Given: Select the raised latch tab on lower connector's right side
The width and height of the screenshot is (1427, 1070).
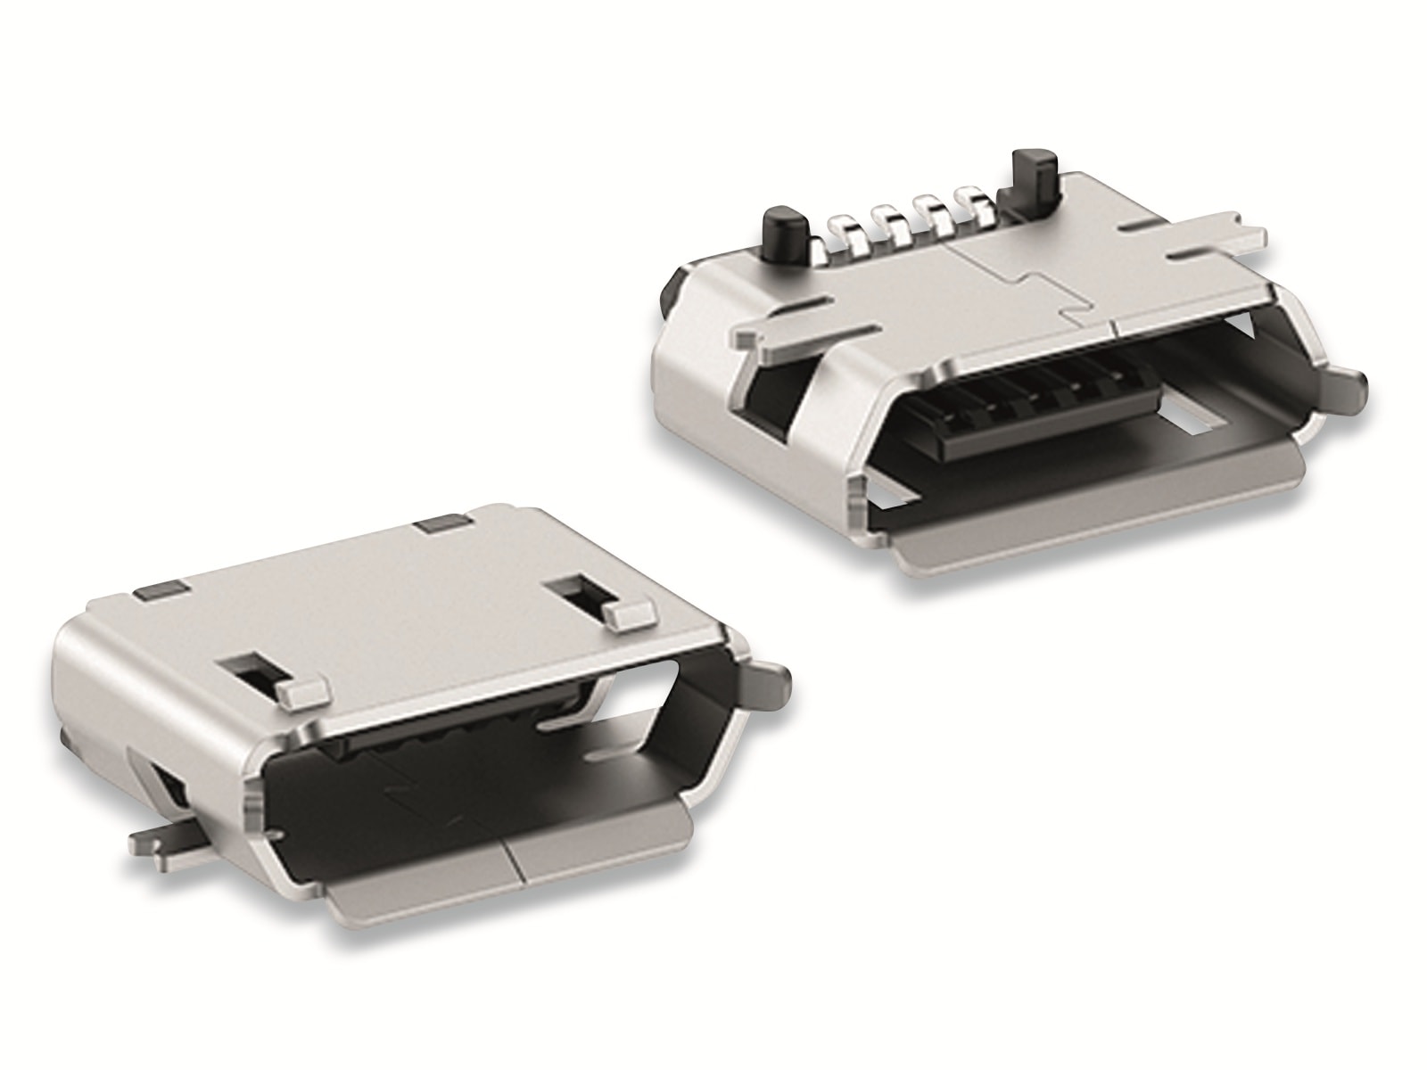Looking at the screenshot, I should pos(630,613).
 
